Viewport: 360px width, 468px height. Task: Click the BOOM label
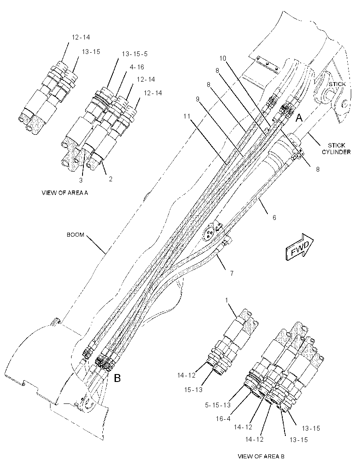75,235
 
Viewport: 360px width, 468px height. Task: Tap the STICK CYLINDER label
336,149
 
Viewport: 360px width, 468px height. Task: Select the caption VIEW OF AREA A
65,193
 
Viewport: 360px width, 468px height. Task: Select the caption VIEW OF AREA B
261,456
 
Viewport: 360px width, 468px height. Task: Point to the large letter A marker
299,119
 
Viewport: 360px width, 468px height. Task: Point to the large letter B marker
118,378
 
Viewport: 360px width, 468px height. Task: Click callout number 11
187,116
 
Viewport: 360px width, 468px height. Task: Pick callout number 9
198,99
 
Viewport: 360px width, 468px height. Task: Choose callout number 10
223,58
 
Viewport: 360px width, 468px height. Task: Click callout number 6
274,218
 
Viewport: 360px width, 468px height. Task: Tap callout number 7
232,273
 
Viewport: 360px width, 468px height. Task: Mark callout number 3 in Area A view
81,180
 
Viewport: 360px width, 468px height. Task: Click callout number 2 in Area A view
111,179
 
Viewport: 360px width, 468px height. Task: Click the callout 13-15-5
135,54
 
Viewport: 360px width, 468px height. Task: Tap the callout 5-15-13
218,405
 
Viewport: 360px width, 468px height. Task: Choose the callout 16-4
223,419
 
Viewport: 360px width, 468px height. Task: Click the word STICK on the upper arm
337,84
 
